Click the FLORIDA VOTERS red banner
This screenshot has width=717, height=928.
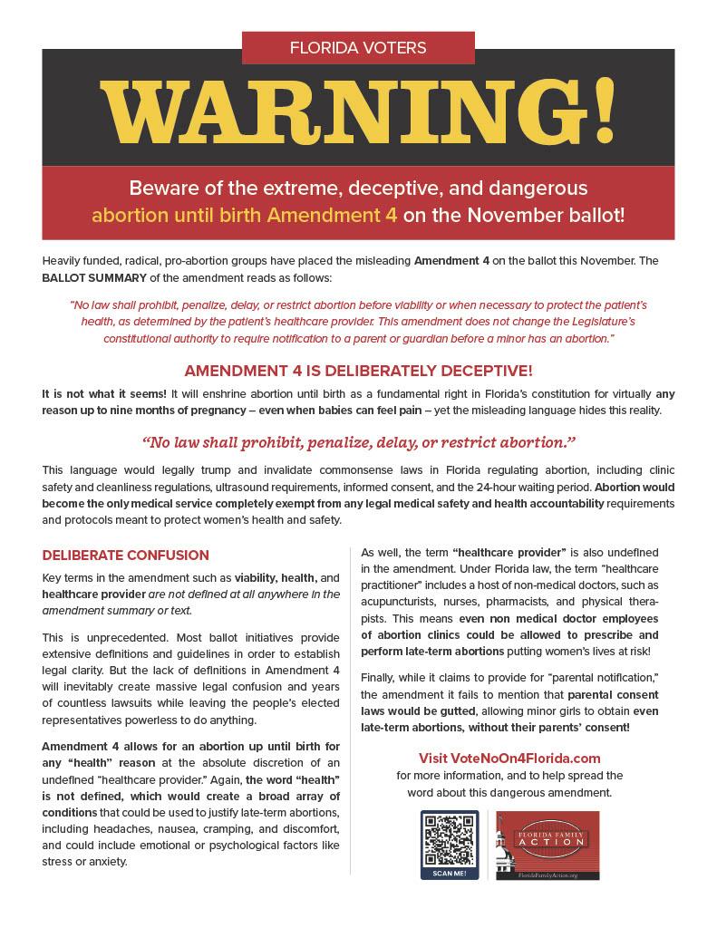pyautogui.click(x=358, y=47)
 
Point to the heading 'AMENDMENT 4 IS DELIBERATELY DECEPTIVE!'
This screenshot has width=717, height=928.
pyautogui.click(x=358, y=372)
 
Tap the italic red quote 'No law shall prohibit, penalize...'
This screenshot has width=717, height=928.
pyautogui.click(x=358, y=441)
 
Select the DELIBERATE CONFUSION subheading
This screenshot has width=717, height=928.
pyautogui.click(x=125, y=555)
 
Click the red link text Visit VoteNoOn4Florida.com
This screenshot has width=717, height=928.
pyautogui.click(x=509, y=758)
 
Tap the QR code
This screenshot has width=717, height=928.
pyautogui.click(x=450, y=840)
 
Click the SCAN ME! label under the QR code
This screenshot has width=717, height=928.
pyautogui.click(x=450, y=873)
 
